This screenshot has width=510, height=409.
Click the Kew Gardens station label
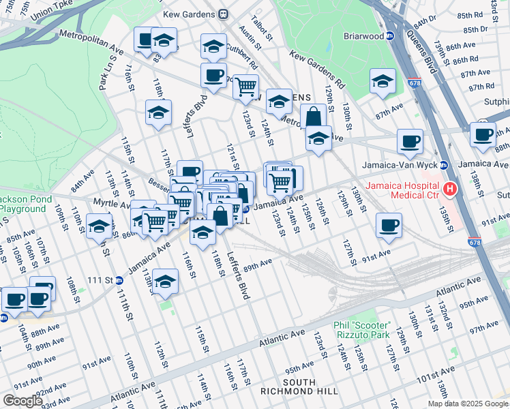pyautogui.click(x=189, y=14)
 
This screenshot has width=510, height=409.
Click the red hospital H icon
pyautogui.click(x=449, y=188)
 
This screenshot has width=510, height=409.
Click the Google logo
pyautogui.click(x=23, y=401)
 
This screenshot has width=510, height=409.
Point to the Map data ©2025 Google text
pyautogui.click(x=468, y=404)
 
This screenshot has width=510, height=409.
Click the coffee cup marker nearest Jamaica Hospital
pyautogui.click(x=389, y=226)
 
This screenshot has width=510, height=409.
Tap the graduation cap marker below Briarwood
pyautogui.click(x=382, y=80)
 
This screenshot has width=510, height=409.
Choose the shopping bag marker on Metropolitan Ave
pyautogui.click(x=313, y=116)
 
